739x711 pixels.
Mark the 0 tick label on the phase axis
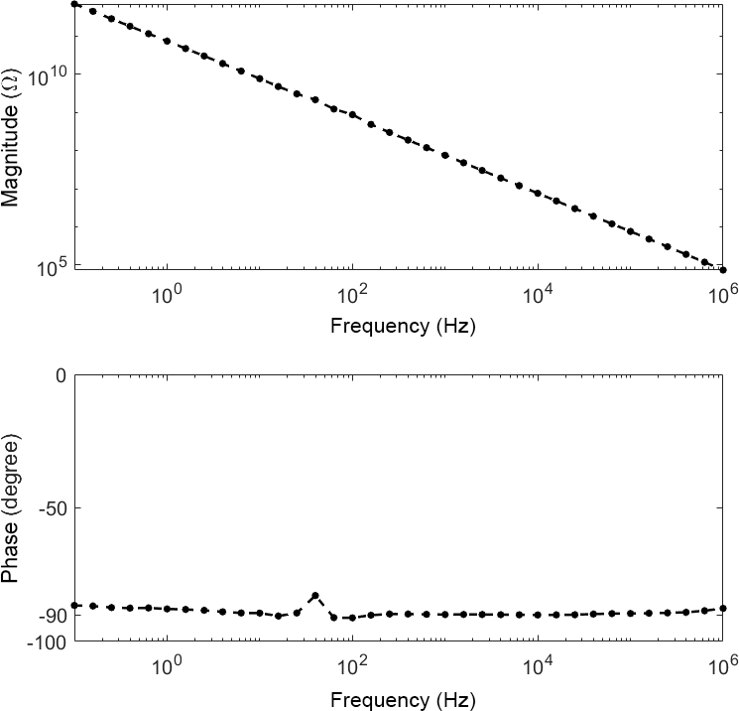click(x=61, y=375)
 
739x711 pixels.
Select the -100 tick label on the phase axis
click(x=47, y=641)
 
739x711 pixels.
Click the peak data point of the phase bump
click(x=314, y=596)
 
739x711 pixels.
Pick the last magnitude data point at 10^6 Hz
click(x=723, y=270)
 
